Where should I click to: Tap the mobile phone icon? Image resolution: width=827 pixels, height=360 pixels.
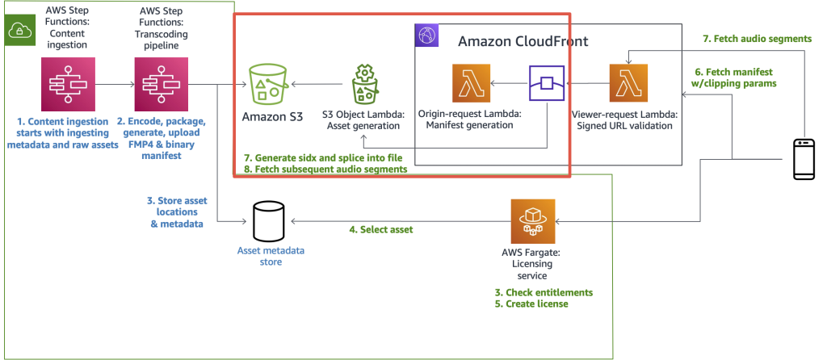(x=804, y=158)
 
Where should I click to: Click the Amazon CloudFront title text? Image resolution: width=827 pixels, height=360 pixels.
(x=523, y=40)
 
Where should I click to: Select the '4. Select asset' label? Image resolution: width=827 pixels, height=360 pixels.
(x=380, y=230)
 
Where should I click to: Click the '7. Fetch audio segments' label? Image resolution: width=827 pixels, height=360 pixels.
(x=758, y=38)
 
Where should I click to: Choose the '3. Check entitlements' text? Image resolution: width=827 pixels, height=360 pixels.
(x=544, y=292)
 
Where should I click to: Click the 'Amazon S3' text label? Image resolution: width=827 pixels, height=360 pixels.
(x=273, y=118)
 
